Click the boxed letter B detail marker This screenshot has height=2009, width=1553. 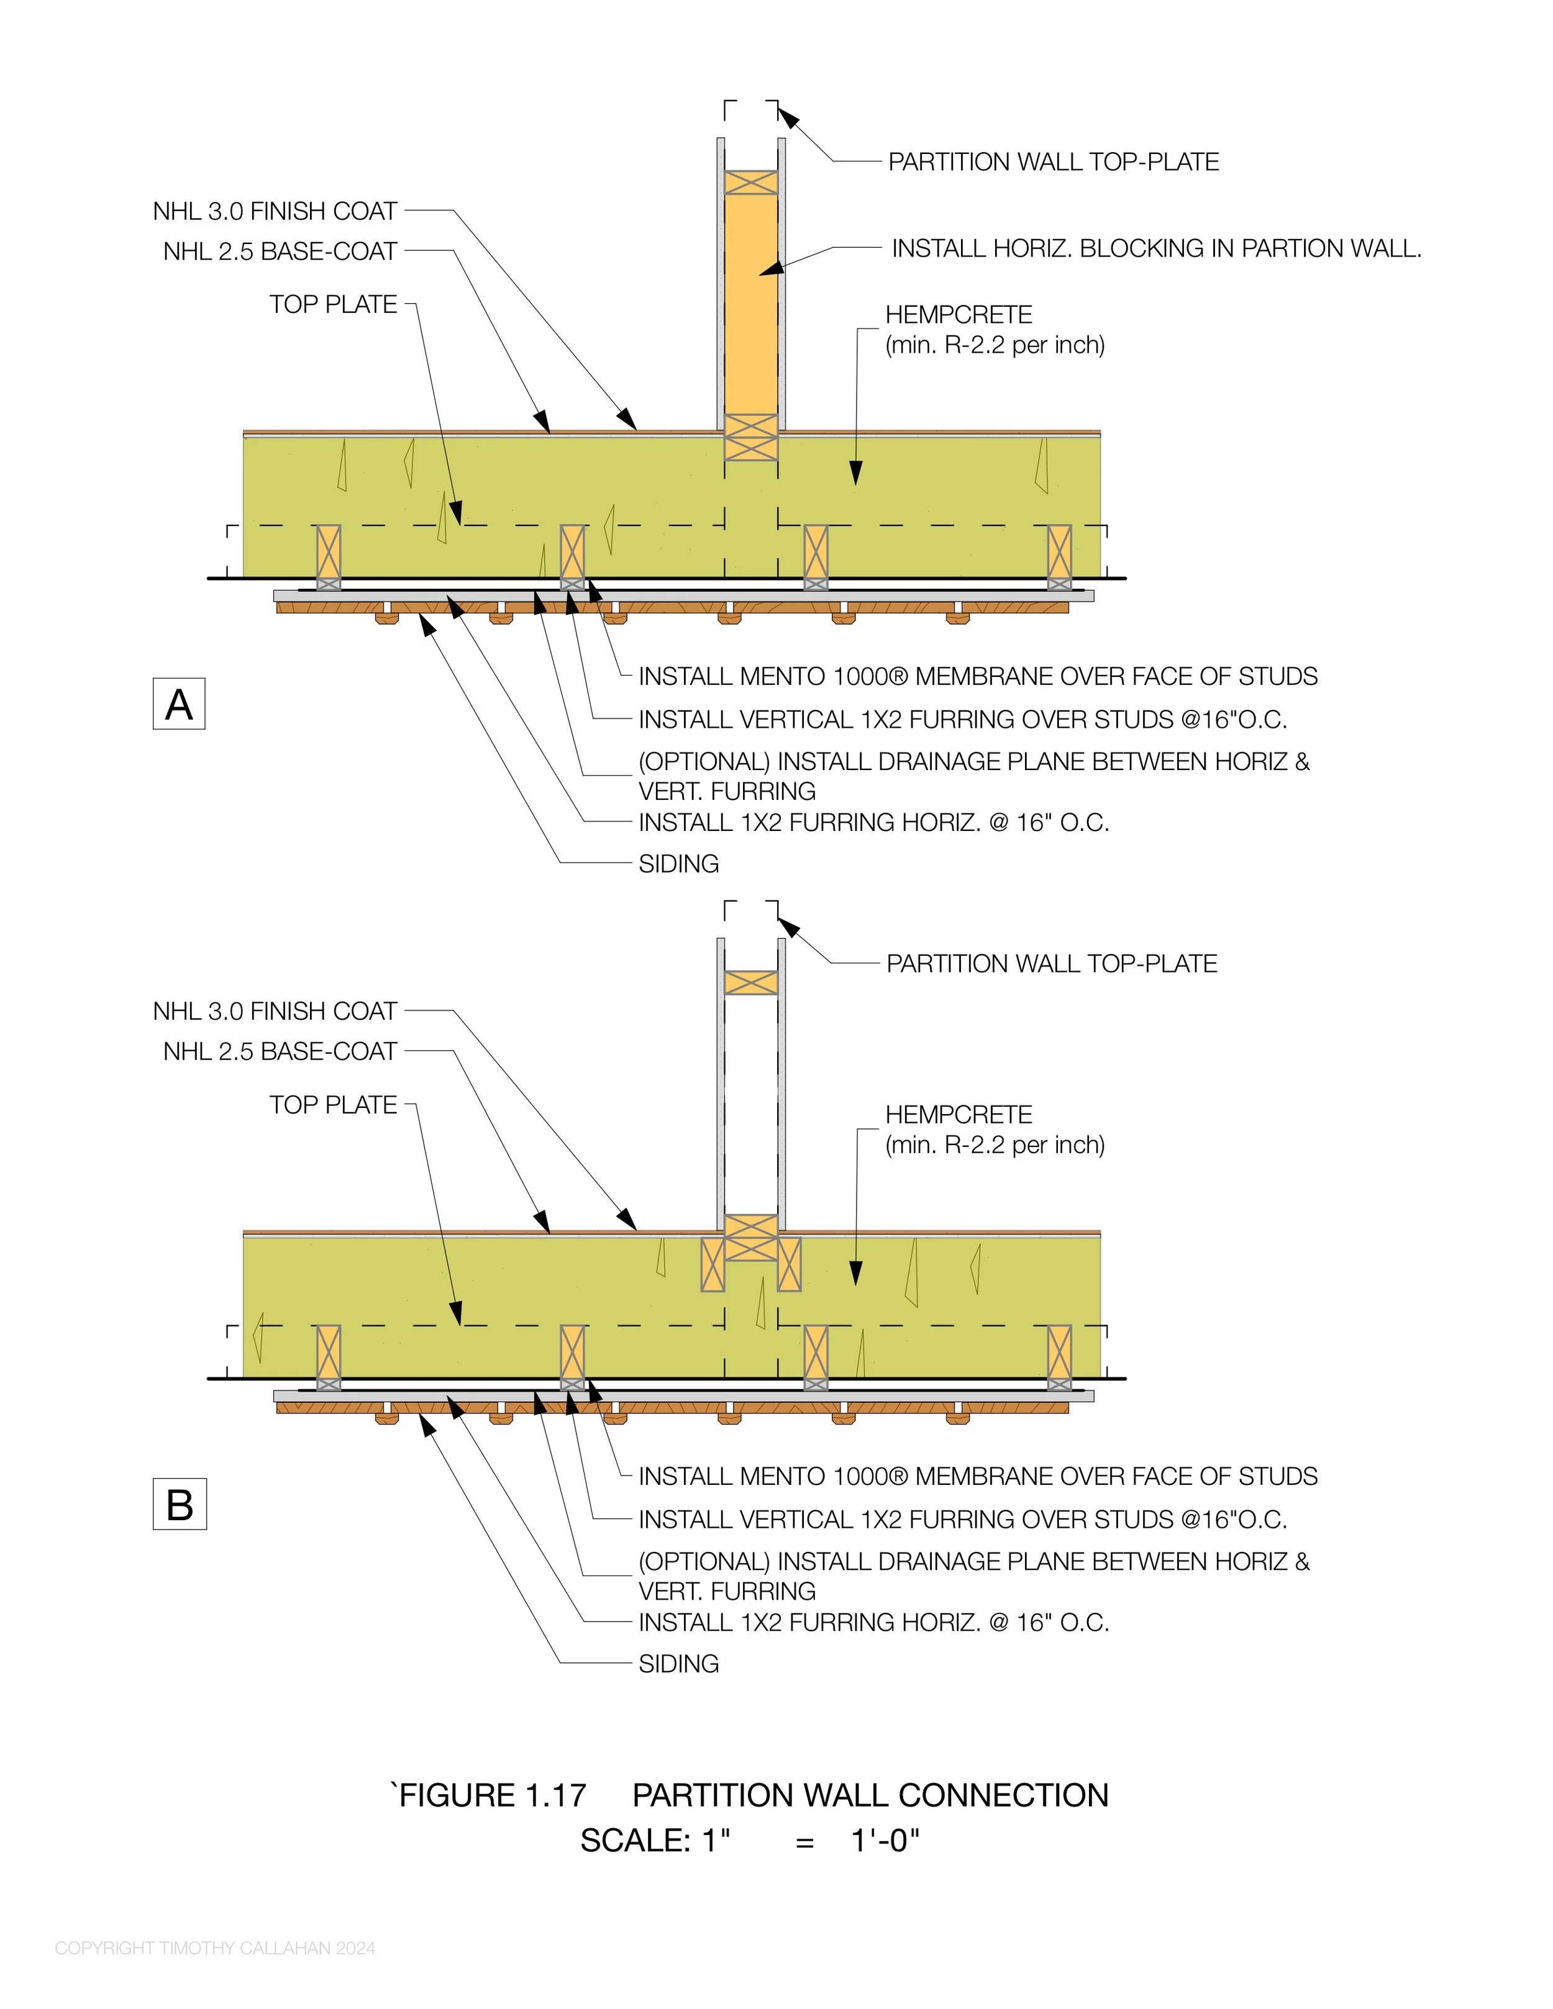click(x=180, y=1504)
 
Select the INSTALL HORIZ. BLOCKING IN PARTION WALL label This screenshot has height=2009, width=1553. click(x=1155, y=248)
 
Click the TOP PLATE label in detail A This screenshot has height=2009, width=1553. click(x=333, y=304)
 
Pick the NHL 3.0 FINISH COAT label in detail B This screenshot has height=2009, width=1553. click(x=275, y=1011)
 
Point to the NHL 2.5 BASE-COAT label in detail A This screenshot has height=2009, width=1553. click(x=280, y=251)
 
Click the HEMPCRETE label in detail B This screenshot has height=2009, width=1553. click(x=959, y=1115)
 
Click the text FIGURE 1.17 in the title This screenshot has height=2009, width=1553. click(x=491, y=1795)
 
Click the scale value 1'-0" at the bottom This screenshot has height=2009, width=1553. click(x=885, y=1841)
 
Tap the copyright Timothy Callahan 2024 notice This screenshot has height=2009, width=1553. click(x=214, y=1948)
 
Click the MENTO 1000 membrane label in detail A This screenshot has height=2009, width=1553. click(x=977, y=676)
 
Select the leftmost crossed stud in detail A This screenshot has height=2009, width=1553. click(x=329, y=556)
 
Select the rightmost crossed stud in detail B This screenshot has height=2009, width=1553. click(x=1059, y=1357)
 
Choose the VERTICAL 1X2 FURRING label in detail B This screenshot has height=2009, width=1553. click(x=962, y=1520)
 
